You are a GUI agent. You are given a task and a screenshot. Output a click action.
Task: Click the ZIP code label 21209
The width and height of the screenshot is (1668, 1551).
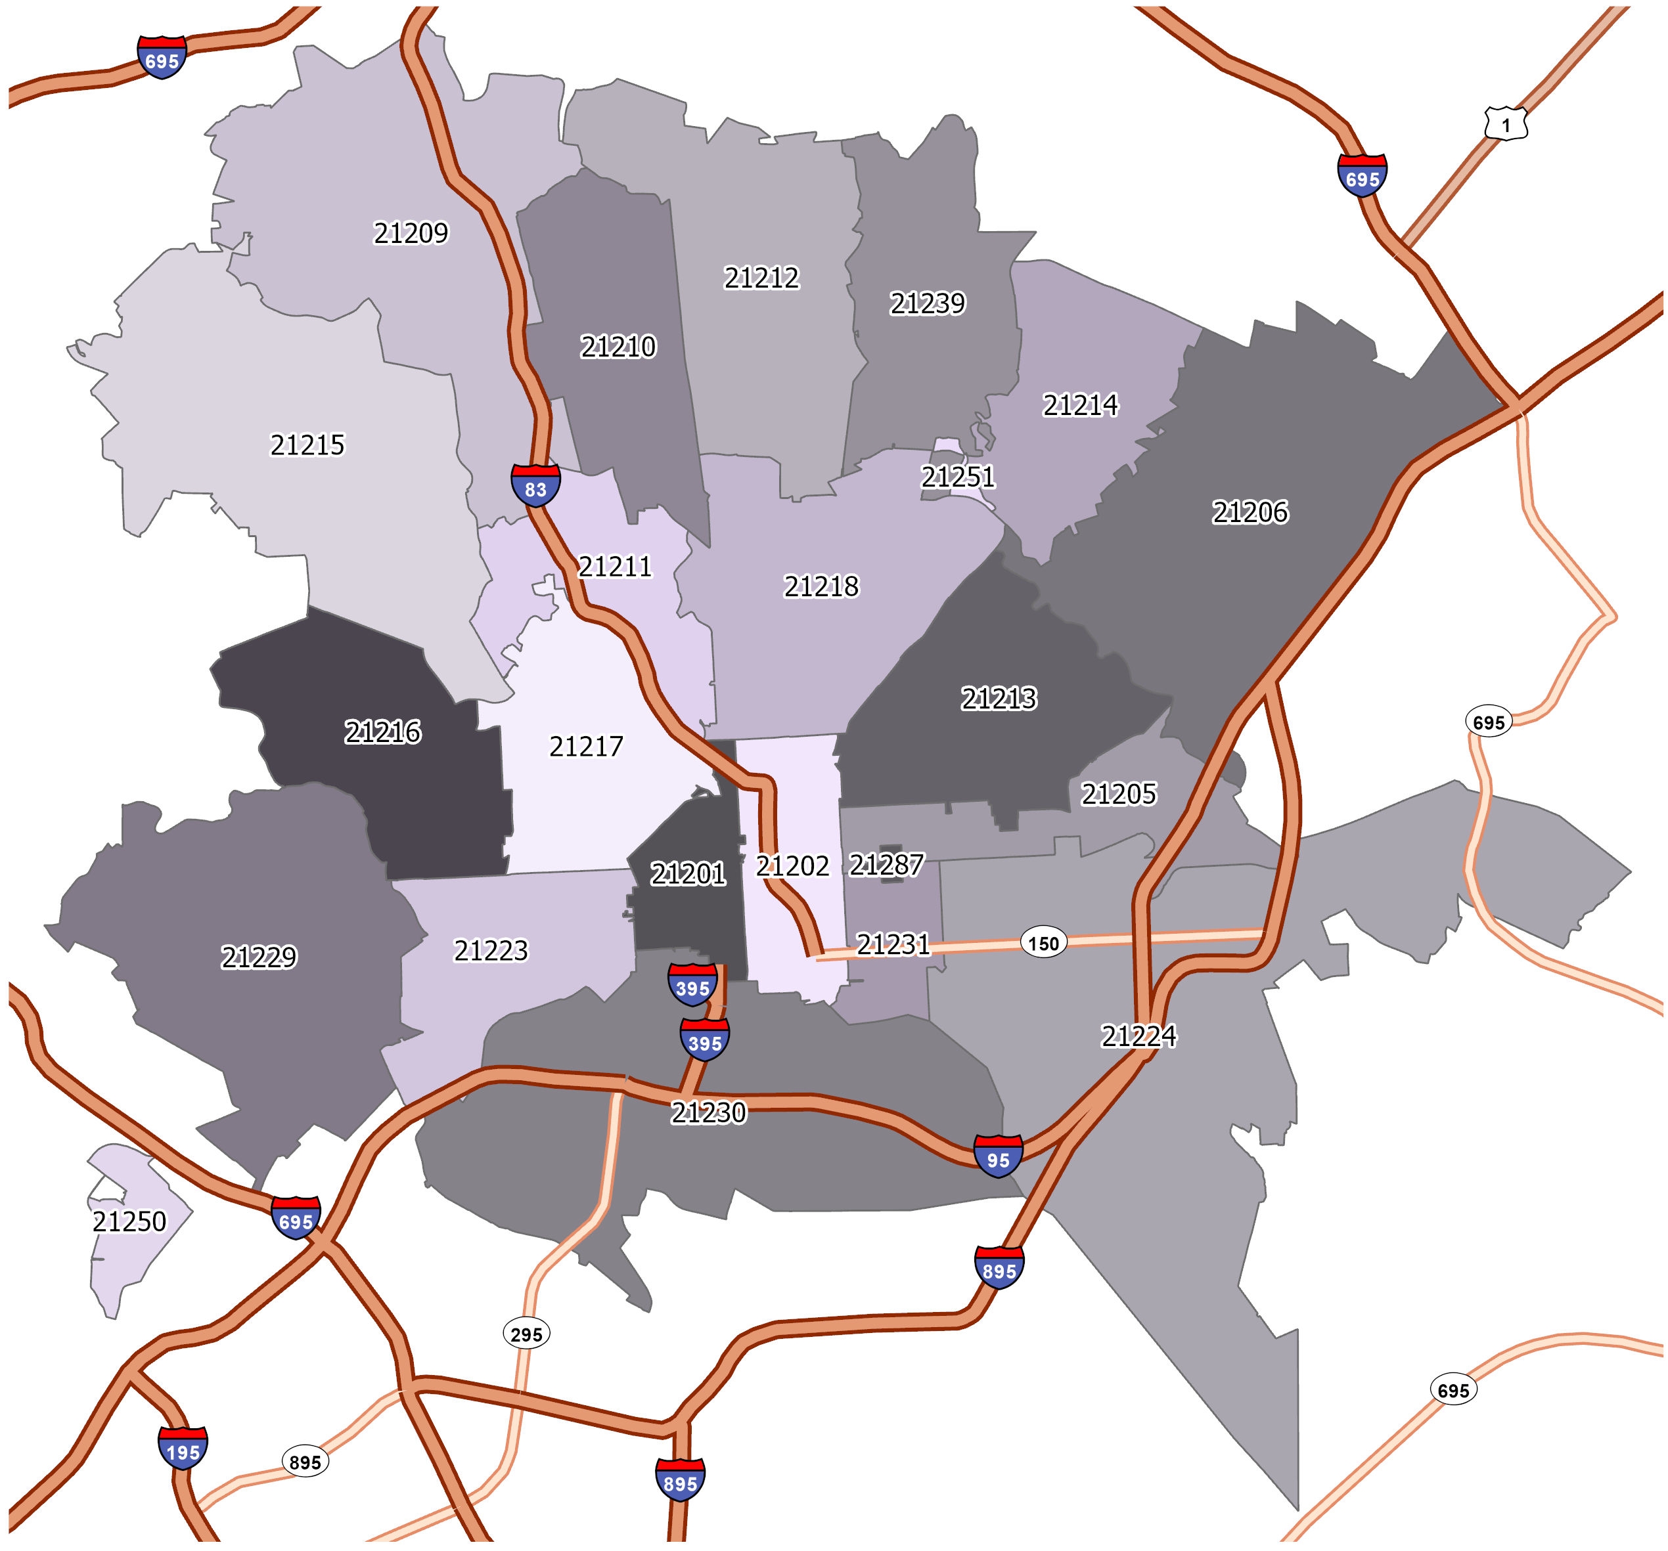click(x=411, y=232)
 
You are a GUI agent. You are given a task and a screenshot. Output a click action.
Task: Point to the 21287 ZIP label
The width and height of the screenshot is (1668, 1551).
click(x=886, y=864)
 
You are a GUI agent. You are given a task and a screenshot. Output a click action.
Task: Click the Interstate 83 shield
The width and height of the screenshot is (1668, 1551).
click(x=535, y=484)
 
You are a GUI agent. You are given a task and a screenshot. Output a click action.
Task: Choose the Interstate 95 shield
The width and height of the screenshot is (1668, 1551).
click(x=998, y=1156)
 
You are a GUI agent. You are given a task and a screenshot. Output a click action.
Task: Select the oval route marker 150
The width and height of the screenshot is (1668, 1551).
click(x=1043, y=943)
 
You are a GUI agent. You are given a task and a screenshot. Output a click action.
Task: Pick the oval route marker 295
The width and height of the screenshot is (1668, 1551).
click(x=526, y=1334)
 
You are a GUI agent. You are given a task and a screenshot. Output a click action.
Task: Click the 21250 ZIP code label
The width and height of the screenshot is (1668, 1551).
click(x=129, y=1221)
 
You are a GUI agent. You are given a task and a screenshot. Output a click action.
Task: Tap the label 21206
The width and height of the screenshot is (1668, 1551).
click(x=1250, y=512)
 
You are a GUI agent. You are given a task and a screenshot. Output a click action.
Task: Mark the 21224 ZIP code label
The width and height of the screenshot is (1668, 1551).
click(x=1138, y=1037)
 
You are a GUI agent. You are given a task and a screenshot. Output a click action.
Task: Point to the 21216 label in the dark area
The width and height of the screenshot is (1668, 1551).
click(x=382, y=732)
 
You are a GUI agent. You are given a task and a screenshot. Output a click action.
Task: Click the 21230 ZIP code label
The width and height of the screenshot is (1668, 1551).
click(x=708, y=1112)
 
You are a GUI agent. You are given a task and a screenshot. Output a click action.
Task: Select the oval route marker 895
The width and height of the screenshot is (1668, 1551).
click(x=305, y=1462)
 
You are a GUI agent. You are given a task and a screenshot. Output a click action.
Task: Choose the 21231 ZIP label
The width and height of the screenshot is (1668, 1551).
click(x=893, y=946)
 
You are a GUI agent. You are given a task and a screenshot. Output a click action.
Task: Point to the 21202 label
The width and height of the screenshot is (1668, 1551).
click(x=792, y=865)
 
